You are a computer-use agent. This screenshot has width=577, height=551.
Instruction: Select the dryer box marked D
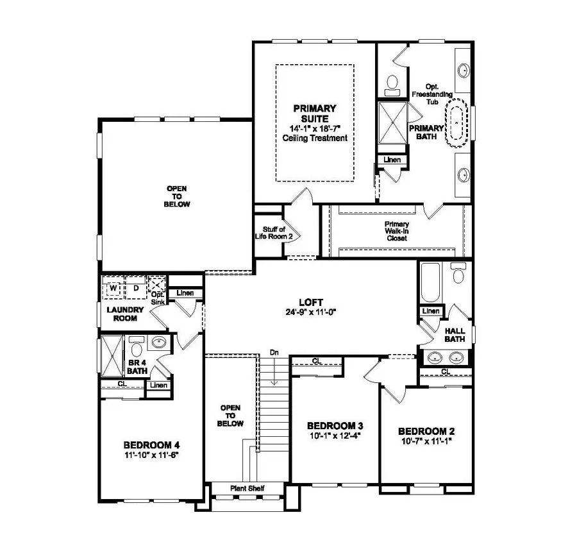click(x=136, y=289)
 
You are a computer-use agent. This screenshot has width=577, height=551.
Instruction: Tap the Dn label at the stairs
click(x=274, y=352)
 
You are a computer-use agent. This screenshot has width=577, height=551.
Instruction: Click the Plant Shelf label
click(x=247, y=489)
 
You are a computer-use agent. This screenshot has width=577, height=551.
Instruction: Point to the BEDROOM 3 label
click(x=335, y=426)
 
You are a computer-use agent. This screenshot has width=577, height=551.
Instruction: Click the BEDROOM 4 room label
click(x=151, y=445)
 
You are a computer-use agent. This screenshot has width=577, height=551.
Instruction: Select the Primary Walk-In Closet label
click(x=397, y=231)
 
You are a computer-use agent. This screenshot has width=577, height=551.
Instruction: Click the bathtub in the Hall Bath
click(x=430, y=282)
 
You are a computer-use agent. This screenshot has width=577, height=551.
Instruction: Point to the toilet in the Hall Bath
click(x=458, y=274)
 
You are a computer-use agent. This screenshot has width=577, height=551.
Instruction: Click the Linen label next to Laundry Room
click(x=185, y=293)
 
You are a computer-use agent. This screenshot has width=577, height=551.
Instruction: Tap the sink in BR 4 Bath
click(x=158, y=343)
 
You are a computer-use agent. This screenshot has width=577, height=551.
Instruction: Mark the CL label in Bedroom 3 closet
click(x=317, y=361)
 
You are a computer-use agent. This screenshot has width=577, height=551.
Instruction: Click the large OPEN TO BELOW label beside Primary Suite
click(x=178, y=196)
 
